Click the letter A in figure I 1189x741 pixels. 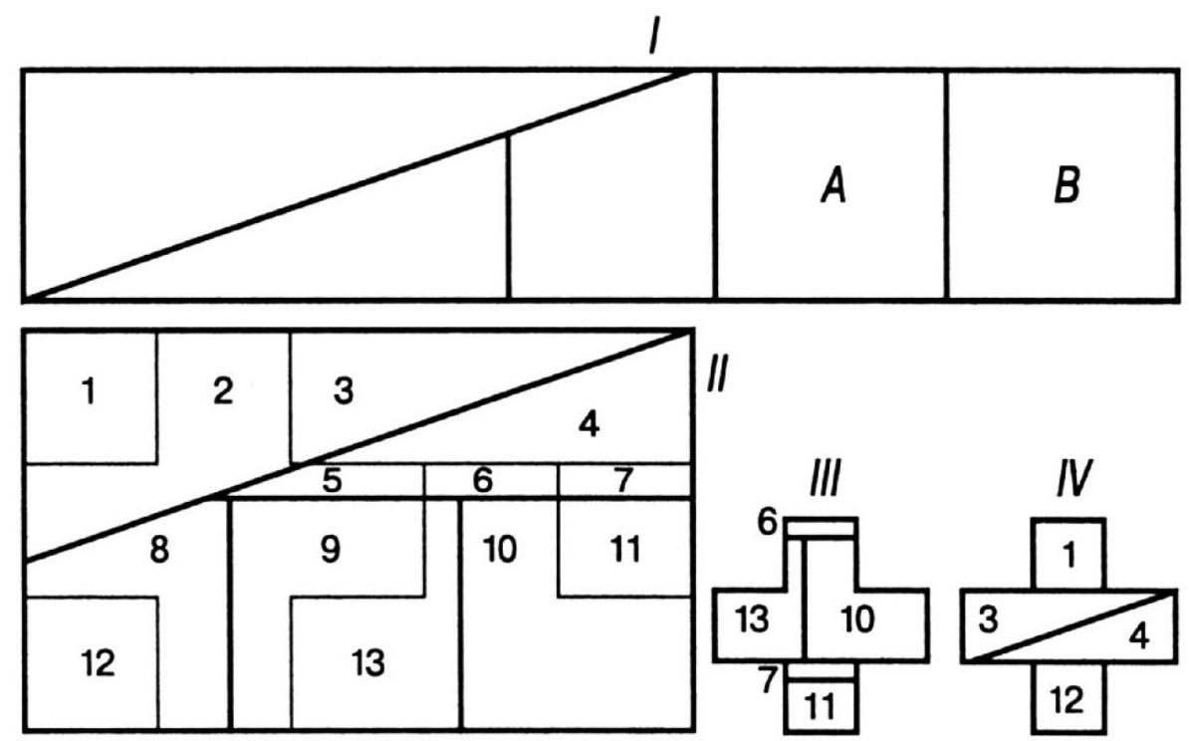coord(832,185)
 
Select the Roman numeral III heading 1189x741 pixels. coord(823,485)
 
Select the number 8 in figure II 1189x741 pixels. coord(157,551)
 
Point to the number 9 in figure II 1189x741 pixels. coord(332,551)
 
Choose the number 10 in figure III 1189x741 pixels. coord(855,620)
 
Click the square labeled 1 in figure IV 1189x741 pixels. coord(1068,554)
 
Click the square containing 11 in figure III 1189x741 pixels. coord(822,706)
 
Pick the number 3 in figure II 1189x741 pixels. coord(344,391)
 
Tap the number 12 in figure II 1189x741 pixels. coord(98,662)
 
